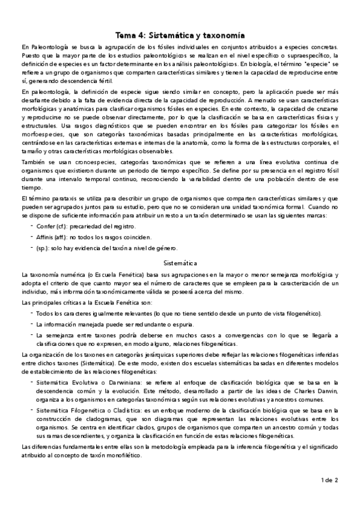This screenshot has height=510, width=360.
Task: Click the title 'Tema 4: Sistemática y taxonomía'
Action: click(180, 36)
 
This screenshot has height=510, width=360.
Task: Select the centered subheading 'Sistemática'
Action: click(180, 262)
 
